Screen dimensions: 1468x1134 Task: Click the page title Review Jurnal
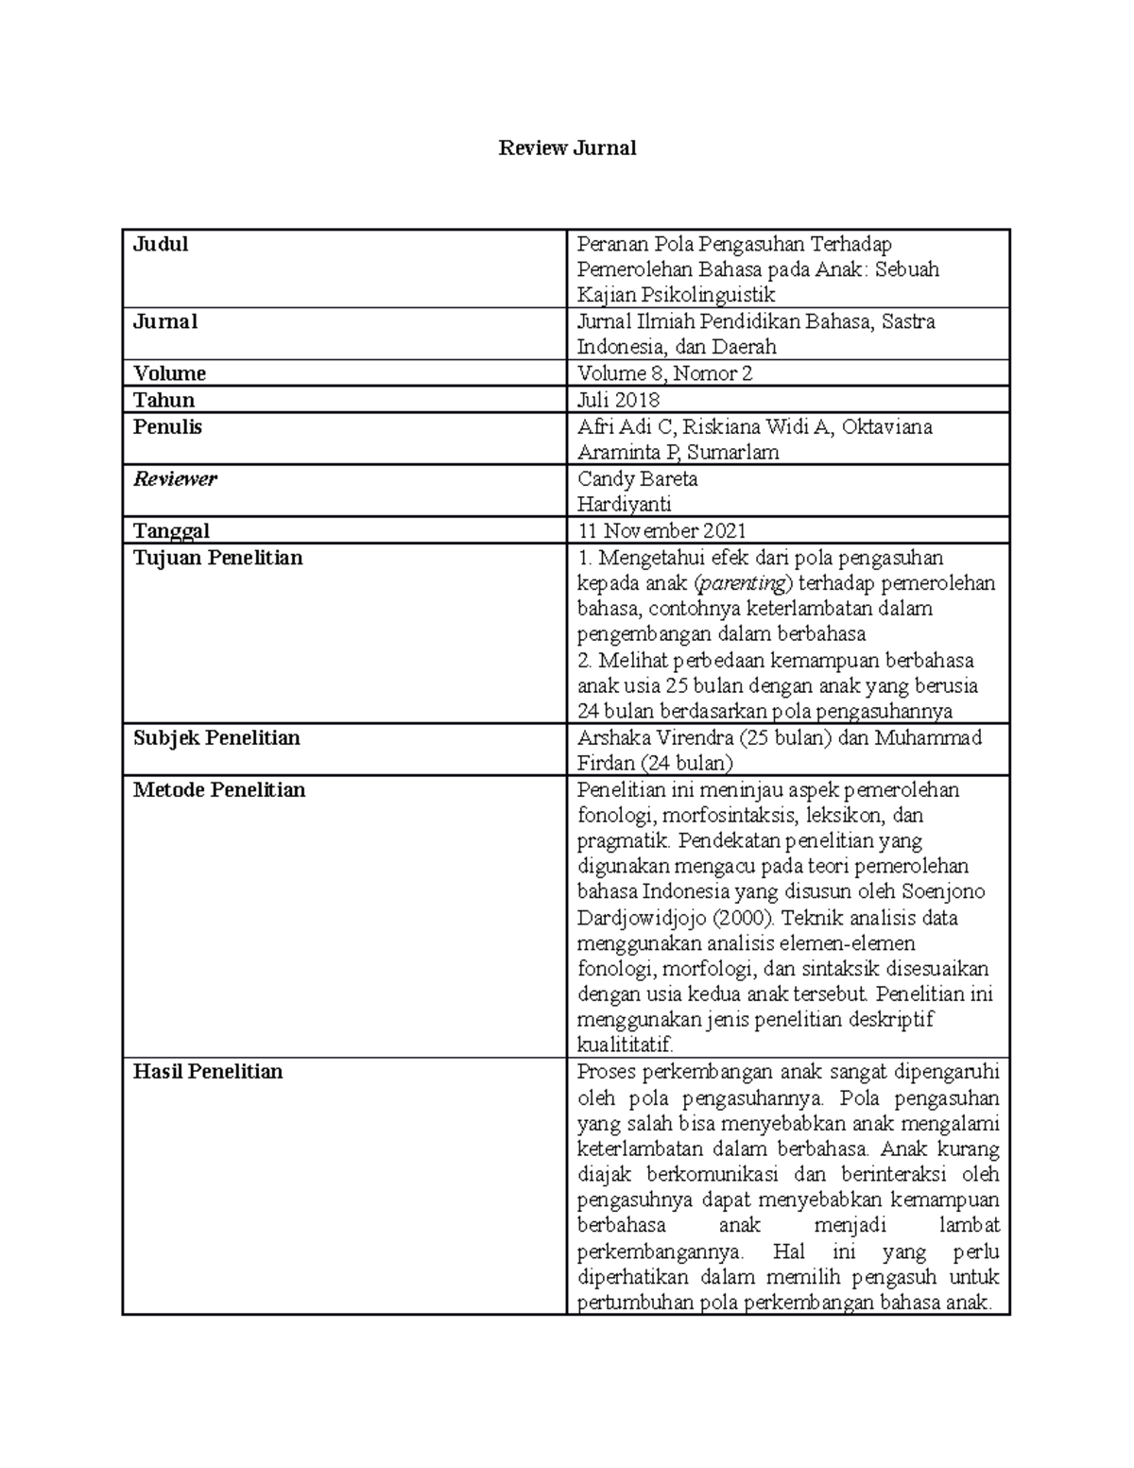pyautogui.click(x=567, y=148)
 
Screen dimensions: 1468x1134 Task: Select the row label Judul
pyautogui.click(x=161, y=245)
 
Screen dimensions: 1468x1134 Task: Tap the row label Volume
pyautogui.click(x=169, y=373)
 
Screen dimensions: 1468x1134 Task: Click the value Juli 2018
pyautogui.click(x=618, y=400)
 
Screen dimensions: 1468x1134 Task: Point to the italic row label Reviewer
pyautogui.click(x=175, y=479)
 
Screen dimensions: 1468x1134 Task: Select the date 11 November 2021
pyautogui.click(x=661, y=531)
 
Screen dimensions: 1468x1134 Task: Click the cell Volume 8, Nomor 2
pyautogui.click(x=664, y=373)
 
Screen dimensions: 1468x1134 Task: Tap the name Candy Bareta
pyautogui.click(x=637, y=479)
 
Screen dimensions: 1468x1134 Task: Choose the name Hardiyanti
pyautogui.click(x=624, y=505)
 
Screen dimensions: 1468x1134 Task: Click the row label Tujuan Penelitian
pyautogui.click(x=217, y=558)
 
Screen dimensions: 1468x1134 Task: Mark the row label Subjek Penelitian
pyautogui.click(x=216, y=738)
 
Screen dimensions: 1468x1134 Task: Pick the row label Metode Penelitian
pyautogui.click(x=219, y=790)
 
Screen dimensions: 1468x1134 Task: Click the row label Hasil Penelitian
pyautogui.click(x=208, y=1072)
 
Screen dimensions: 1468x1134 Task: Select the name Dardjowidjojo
pyautogui.click(x=639, y=918)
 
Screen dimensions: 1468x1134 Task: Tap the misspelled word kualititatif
pyautogui.click(x=625, y=1045)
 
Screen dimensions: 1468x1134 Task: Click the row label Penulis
pyautogui.click(x=167, y=427)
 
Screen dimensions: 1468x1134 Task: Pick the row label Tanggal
pyautogui.click(x=171, y=531)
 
